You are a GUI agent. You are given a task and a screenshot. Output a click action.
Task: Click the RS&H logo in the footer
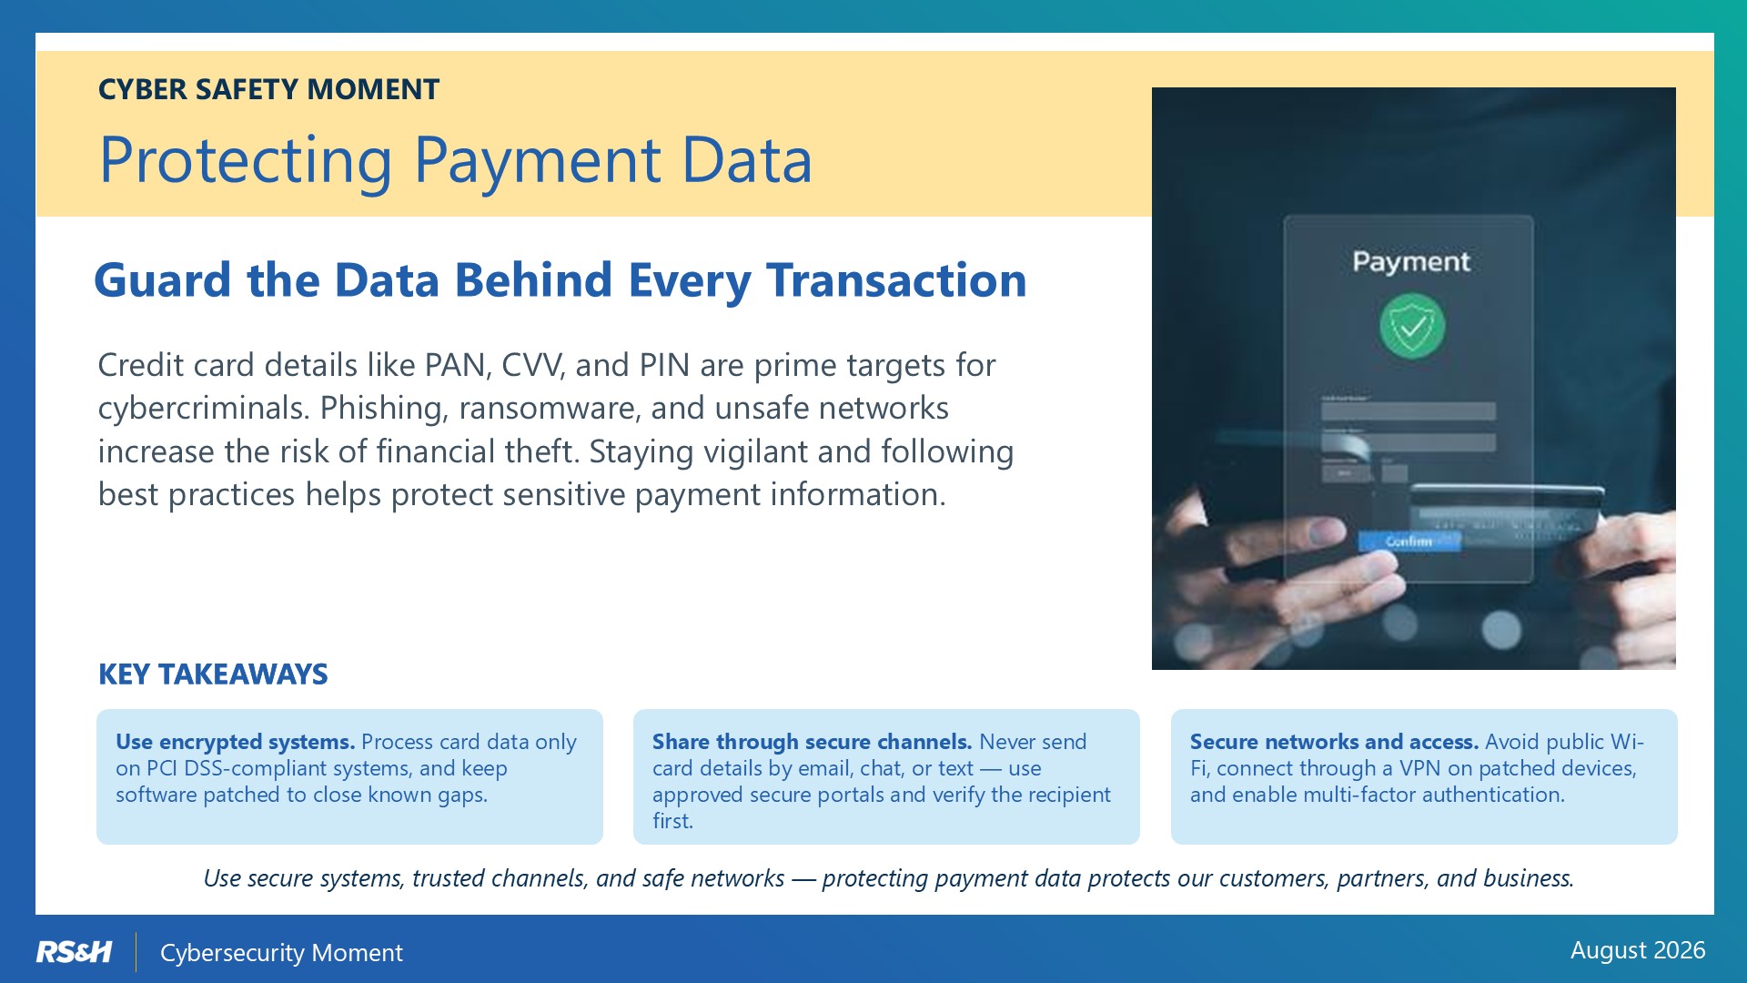[74, 952]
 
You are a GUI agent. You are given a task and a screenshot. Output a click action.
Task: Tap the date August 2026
[1638, 950]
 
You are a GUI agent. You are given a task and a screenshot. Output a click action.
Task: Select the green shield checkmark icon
[1411, 326]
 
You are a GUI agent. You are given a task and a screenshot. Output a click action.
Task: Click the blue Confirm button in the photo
[1409, 542]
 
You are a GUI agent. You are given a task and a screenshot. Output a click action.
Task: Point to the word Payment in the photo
[1410, 262]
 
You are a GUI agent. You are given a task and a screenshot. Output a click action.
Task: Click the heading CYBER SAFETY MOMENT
[268, 89]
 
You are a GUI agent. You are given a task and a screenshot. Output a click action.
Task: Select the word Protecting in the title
[246, 161]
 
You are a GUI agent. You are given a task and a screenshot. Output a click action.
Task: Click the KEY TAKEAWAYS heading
[213, 674]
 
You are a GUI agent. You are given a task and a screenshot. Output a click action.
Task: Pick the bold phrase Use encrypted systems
[235, 742]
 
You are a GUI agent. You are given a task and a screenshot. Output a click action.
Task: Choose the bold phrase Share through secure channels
[812, 742]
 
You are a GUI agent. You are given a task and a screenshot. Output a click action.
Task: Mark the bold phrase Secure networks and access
[1334, 742]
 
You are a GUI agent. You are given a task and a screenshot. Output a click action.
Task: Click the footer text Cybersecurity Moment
[281, 953]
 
